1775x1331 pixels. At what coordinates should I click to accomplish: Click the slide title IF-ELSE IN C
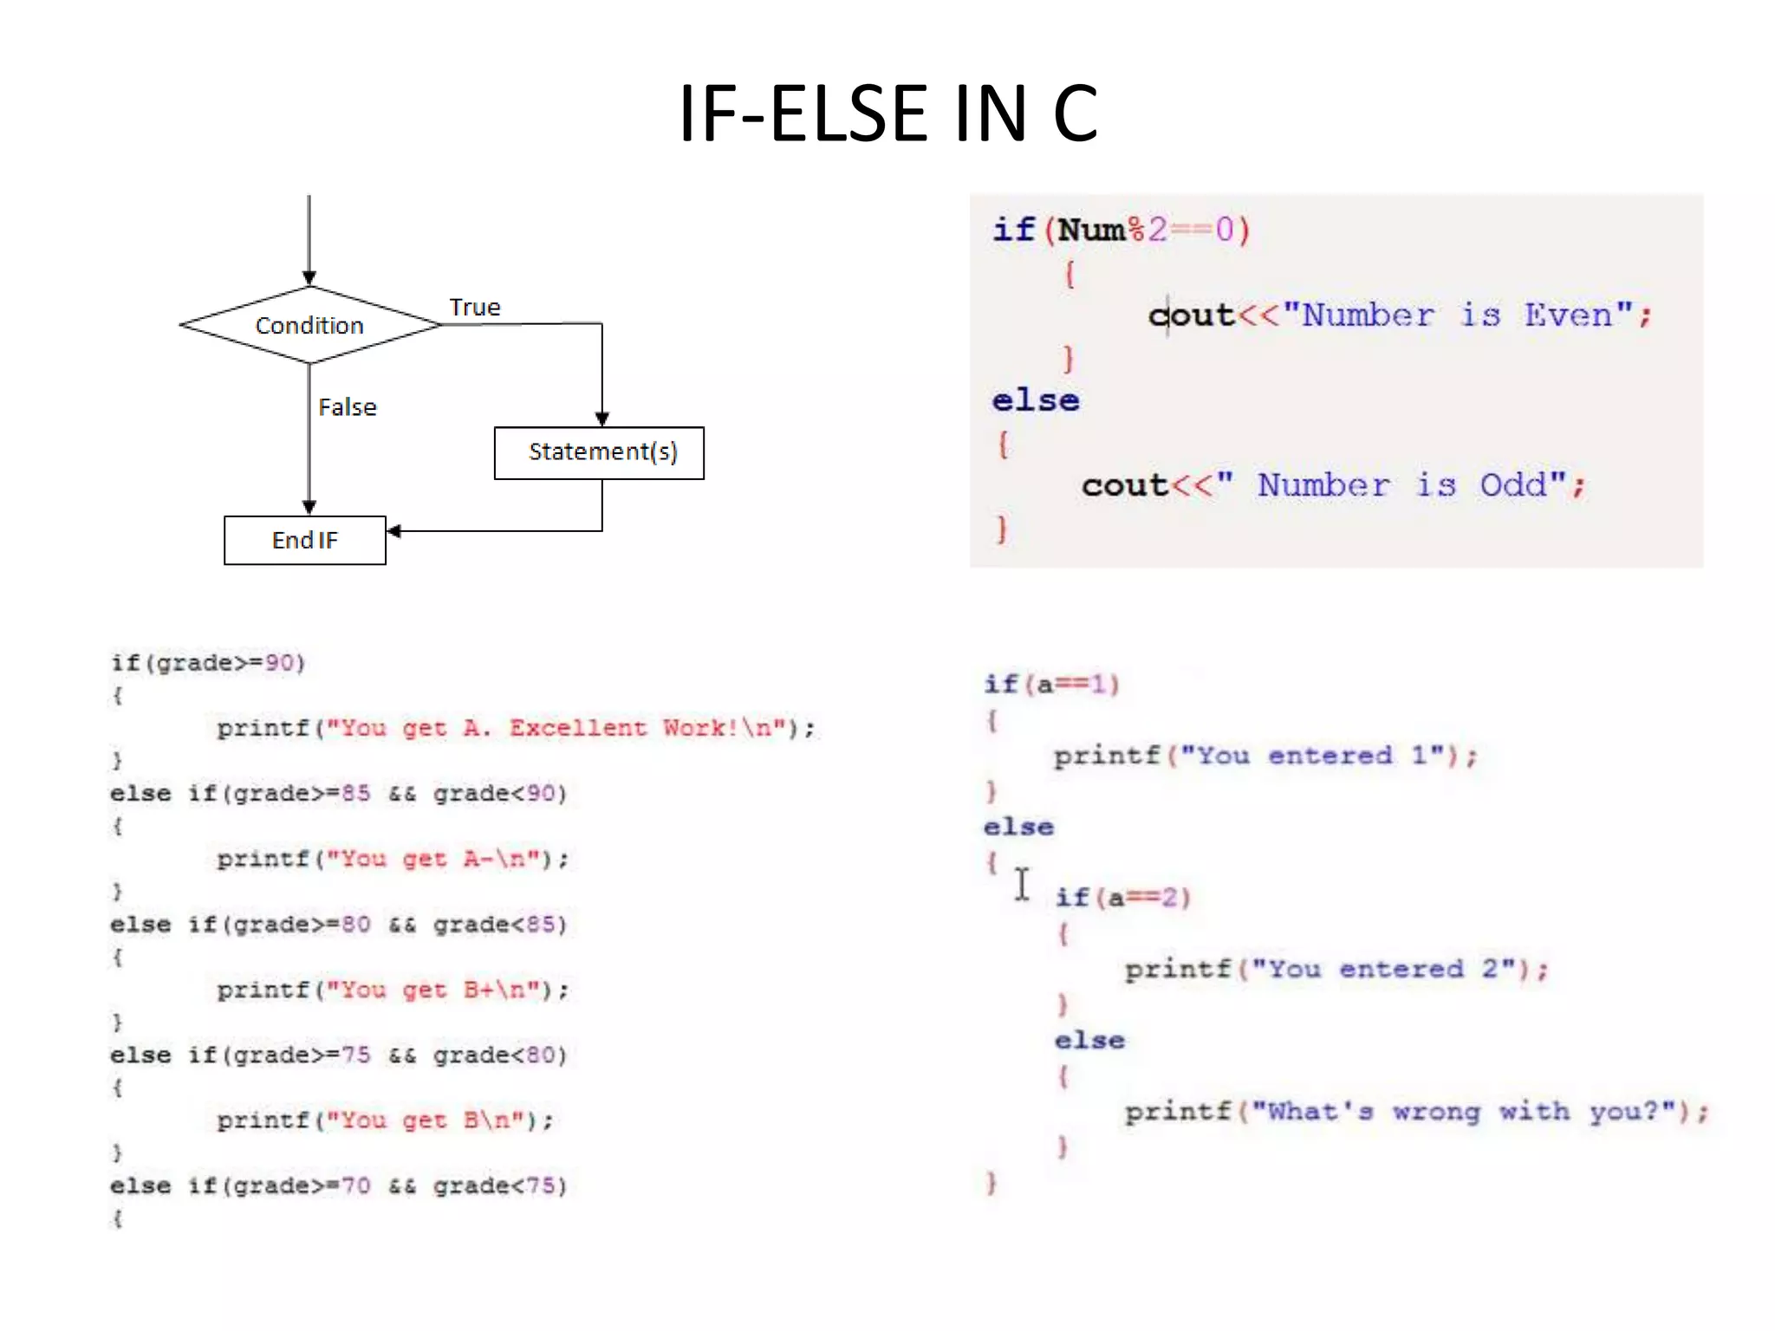(887, 114)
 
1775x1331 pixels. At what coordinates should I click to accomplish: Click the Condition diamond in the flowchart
(309, 326)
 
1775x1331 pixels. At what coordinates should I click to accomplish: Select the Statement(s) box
(599, 452)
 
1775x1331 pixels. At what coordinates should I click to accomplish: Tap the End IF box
(305, 541)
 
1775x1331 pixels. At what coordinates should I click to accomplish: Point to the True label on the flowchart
(475, 308)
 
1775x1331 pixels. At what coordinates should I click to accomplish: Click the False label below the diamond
(348, 407)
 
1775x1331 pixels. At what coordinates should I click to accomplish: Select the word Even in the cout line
(1568, 315)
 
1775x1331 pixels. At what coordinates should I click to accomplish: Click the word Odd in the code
(1512, 485)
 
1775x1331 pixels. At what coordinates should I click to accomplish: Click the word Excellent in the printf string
(578, 728)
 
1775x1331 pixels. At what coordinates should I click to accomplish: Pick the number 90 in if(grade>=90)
(280, 663)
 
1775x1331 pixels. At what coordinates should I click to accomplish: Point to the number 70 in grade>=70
(355, 1185)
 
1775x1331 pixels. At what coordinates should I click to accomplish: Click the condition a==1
(1071, 685)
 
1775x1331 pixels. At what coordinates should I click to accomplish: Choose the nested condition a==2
(1142, 898)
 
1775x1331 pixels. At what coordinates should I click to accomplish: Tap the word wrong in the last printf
(1436, 1112)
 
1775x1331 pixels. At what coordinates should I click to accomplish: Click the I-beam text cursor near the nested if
(1023, 885)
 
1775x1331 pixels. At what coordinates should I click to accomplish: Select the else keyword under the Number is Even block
(1036, 401)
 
